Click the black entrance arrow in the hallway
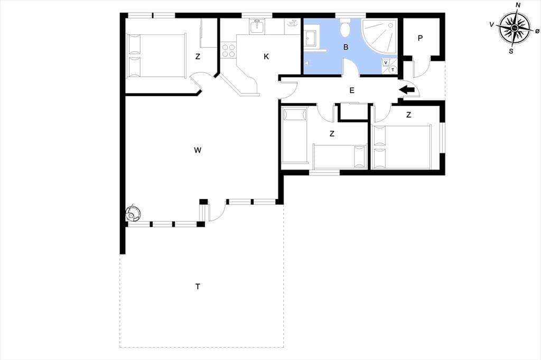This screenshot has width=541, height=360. point(407,90)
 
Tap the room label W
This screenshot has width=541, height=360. point(198,150)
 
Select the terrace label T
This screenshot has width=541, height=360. point(198,287)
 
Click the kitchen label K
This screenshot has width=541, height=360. point(266,56)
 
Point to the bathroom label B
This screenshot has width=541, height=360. point(346,47)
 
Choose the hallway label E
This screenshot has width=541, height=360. point(352,90)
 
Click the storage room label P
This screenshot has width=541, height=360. point(420,39)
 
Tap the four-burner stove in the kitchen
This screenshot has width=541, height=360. point(228,50)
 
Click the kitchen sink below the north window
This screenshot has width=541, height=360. point(256,26)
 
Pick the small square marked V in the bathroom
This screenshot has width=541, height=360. point(386,62)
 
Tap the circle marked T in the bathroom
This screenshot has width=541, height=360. point(393,70)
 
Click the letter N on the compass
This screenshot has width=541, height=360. point(518,5)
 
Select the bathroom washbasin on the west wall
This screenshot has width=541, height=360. point(310,39)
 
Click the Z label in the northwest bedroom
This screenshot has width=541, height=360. point(198,56)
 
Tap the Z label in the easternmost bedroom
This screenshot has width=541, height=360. point(409,115)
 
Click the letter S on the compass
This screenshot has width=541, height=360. point(511,52)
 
